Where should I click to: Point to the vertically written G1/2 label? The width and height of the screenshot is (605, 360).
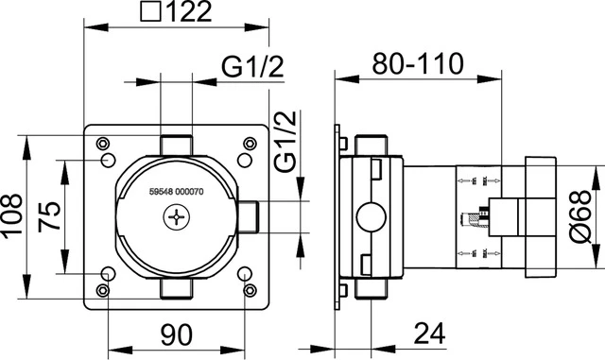click(x=285, y=140)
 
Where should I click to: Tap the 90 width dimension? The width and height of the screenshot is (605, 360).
click(x=176, y=335)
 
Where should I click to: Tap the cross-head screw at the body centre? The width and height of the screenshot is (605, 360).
click(x=177, y=219)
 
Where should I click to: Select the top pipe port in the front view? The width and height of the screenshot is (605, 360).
click(x=177, y=143)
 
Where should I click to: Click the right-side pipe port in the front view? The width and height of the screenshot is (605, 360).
click(x=249, y=219)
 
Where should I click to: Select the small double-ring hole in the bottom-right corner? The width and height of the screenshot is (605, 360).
click(x=250, y=291)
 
